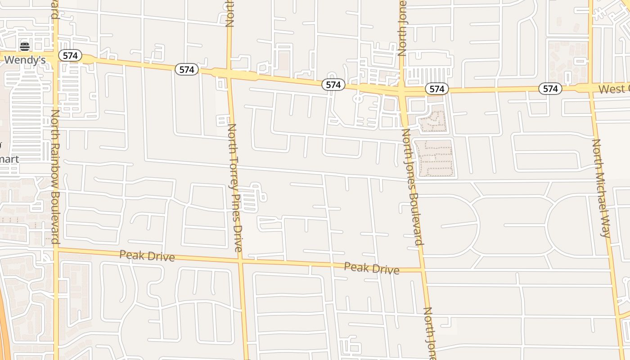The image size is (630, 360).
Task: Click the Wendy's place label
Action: (x=25, y=60)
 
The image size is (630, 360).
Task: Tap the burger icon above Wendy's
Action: (x=25, y=46)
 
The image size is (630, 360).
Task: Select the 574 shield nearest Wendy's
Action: (x=70, y=56)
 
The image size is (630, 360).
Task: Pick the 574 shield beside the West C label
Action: (x=550, y=89)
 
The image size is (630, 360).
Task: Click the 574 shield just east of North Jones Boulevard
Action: (x=436, y=89)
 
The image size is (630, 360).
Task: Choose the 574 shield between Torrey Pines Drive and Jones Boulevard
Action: (x=333, y=85)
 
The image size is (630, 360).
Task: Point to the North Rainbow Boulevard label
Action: (x=55, y=176)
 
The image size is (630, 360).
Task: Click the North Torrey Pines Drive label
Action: (x=234, y=188)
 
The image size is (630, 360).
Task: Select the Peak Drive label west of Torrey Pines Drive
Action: (x=147, y=256)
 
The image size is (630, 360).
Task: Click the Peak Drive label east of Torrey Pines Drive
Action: (x=371, y=268)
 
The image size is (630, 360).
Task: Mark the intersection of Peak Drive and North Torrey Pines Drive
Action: (x=241, y=260)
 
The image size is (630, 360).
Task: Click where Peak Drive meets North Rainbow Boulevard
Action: (x=56, y=248)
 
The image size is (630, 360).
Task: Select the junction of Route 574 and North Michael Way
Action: (x=591, y=87)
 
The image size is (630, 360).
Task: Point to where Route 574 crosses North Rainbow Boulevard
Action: (x=54, y=56)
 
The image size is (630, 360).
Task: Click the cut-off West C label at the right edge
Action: (x=614, y=89)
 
